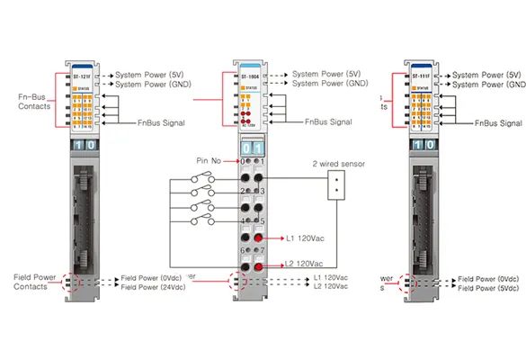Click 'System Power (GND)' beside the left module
[x=149, y=85]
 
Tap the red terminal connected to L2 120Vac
[x=258, y=268]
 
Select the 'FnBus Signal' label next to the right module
[x=499, y=123]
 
